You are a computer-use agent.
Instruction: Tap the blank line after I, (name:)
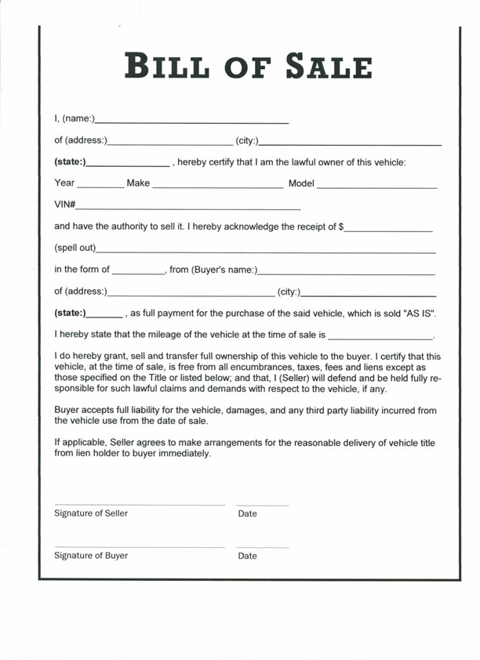coord(191,122)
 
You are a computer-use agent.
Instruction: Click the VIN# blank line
coord(188,209)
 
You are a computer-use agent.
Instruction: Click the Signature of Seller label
coord(91,513)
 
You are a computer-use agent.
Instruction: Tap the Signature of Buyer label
coord(91,556)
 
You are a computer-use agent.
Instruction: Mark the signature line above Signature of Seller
coord(140,505)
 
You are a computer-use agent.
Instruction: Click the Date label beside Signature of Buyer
coord(247,556)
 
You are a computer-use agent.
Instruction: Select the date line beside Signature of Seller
coord(262,505)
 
